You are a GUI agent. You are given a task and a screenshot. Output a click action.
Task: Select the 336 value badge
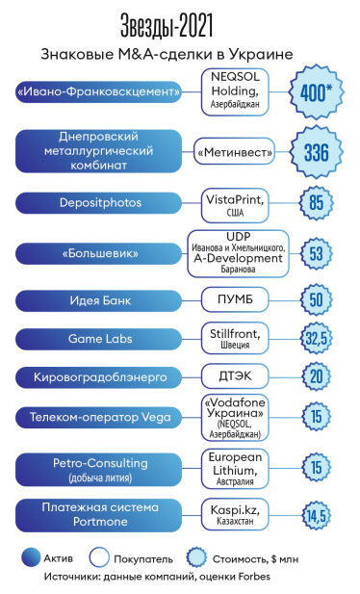tap(317, 152)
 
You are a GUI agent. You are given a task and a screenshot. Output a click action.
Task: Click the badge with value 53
tap(316, 254)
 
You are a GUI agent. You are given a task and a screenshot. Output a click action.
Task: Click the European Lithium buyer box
tap(236, 468)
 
